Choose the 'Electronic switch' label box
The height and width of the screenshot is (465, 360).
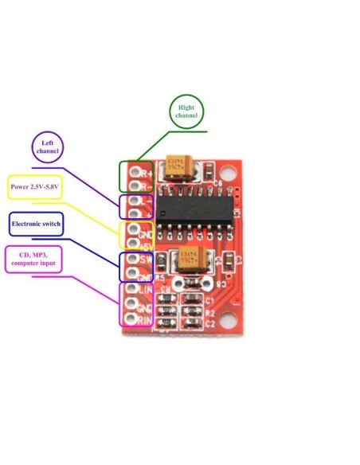click(x=37, y=224)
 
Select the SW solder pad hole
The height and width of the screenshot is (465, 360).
click(x=132, y=259)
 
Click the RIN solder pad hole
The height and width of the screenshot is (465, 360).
click(x=131, y=319)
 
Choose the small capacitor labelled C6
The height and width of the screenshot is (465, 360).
click(x=208, y=172)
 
